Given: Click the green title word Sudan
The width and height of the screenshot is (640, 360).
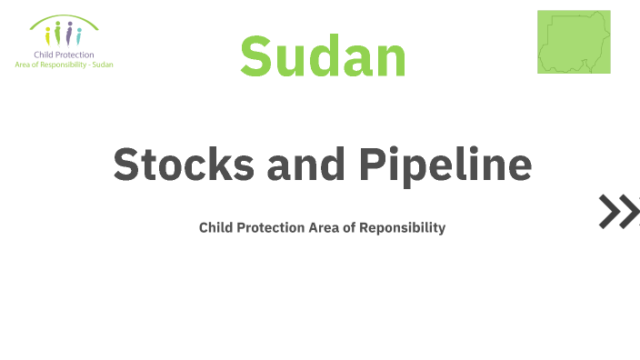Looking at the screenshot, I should coord(323,55).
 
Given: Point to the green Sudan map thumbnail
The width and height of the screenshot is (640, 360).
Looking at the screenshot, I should coord(573,42).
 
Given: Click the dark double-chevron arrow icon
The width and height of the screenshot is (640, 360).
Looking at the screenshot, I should coord(619,210).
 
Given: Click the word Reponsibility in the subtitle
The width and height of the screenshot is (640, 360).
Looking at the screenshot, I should coord(403,227).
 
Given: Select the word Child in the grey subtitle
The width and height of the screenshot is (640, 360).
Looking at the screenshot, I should coord(215,227).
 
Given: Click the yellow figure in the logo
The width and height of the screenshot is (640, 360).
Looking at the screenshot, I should coord(49,35).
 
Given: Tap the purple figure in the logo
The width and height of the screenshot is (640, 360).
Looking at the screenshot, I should coord(69,35).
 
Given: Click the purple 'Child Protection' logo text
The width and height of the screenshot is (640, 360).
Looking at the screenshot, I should coord(64,55).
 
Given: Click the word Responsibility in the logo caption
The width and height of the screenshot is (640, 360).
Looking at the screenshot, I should coord(65,65).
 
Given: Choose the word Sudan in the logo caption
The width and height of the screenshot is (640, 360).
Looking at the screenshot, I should coord(103,65).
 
